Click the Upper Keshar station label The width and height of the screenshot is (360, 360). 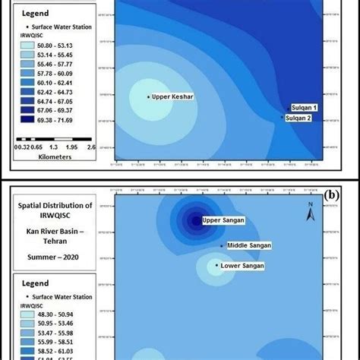click(x=173, y=96)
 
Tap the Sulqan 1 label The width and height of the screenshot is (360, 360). click(x=304, y=108)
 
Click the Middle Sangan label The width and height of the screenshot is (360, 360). click(x=249, y=246)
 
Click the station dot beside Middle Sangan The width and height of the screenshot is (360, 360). click(x=222, y=246)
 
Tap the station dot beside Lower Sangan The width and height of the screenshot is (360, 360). click(x=217, y=266)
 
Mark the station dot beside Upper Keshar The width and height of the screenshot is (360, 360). click(x=148, y=96)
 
